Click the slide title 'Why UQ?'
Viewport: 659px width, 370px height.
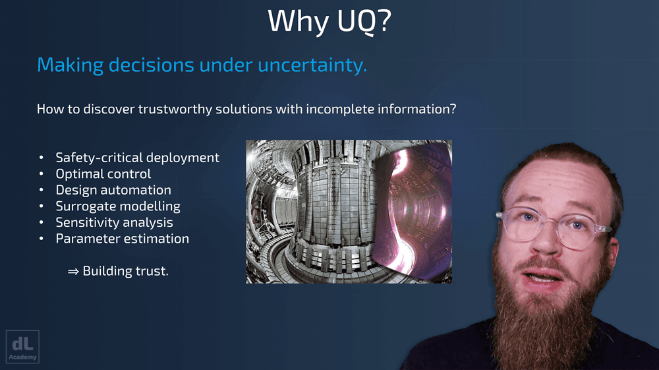(329, 20)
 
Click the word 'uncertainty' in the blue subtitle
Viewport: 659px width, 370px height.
(312, 65)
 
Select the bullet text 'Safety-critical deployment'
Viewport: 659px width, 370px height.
(138, 158)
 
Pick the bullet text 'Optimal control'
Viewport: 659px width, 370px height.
(103, 173)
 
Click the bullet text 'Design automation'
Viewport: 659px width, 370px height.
(113, 190)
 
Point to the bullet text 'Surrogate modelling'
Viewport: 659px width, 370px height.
(118, 206)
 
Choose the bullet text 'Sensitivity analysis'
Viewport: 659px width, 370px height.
(114, 222)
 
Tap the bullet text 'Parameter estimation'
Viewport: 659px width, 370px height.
(123, 239)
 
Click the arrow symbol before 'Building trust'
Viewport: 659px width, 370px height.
(73, 272)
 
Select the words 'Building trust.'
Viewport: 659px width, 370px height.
(126, 271)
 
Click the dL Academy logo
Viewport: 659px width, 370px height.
(22, 346)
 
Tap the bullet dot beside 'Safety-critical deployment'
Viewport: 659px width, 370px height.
(41, 158)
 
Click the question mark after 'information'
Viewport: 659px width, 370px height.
(452, 109)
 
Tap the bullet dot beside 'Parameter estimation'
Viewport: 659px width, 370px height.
(41, 239)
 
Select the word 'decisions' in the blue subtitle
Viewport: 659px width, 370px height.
(152, 65)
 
